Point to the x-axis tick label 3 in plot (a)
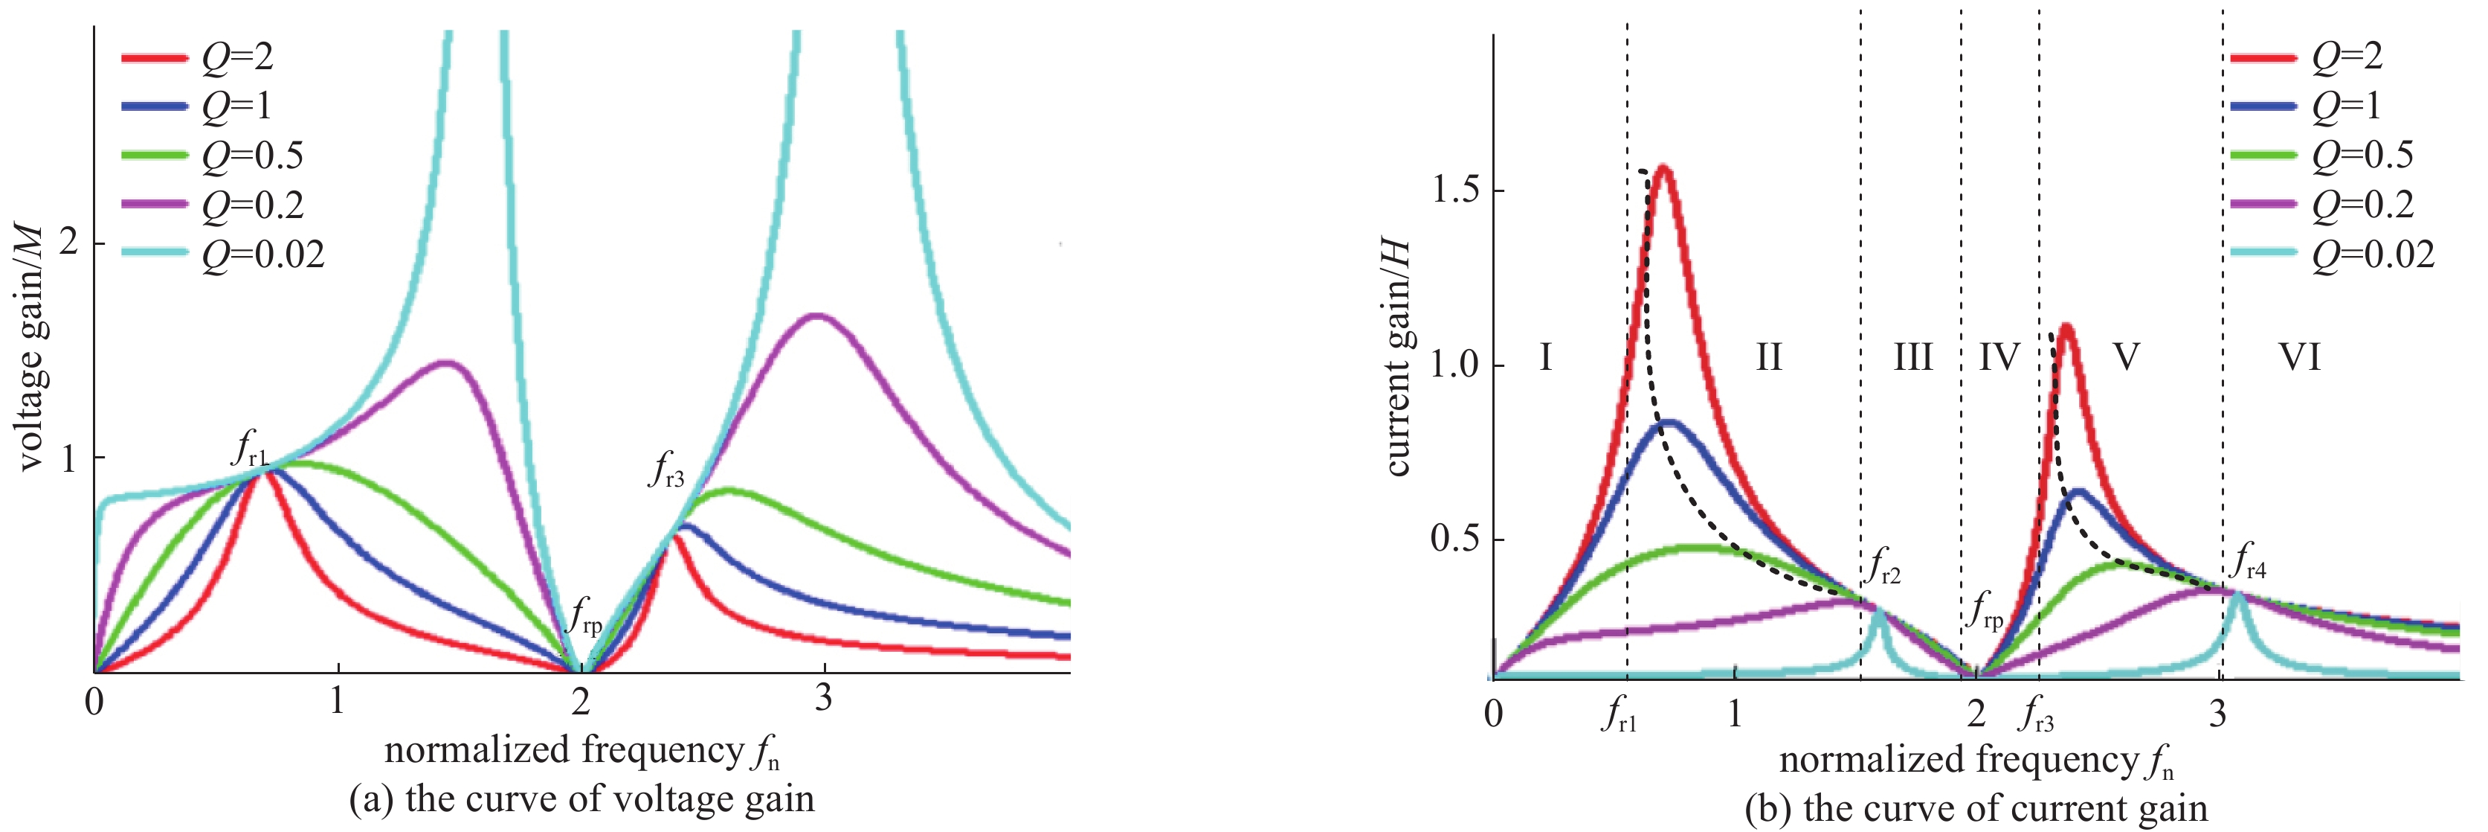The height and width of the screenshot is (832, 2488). click(x=823, y=698)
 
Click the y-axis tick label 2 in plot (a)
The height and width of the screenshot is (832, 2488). click(x=68, y=243)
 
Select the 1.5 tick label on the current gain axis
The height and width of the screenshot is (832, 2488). click(x=1455, y=191)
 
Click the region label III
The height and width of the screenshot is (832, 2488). click(x=1912, y=357)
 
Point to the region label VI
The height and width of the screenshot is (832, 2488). click(x=2300, y=357)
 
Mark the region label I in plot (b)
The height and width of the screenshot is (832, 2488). click(x=1545, y=357)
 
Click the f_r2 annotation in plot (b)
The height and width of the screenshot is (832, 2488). click(x=1884, y=566)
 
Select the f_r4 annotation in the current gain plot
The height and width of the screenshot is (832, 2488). click(x=2249, y=563)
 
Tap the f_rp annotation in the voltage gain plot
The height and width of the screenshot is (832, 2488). click(x=585, y=615)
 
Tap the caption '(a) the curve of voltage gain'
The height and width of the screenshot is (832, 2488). click(x=581, y=800)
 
